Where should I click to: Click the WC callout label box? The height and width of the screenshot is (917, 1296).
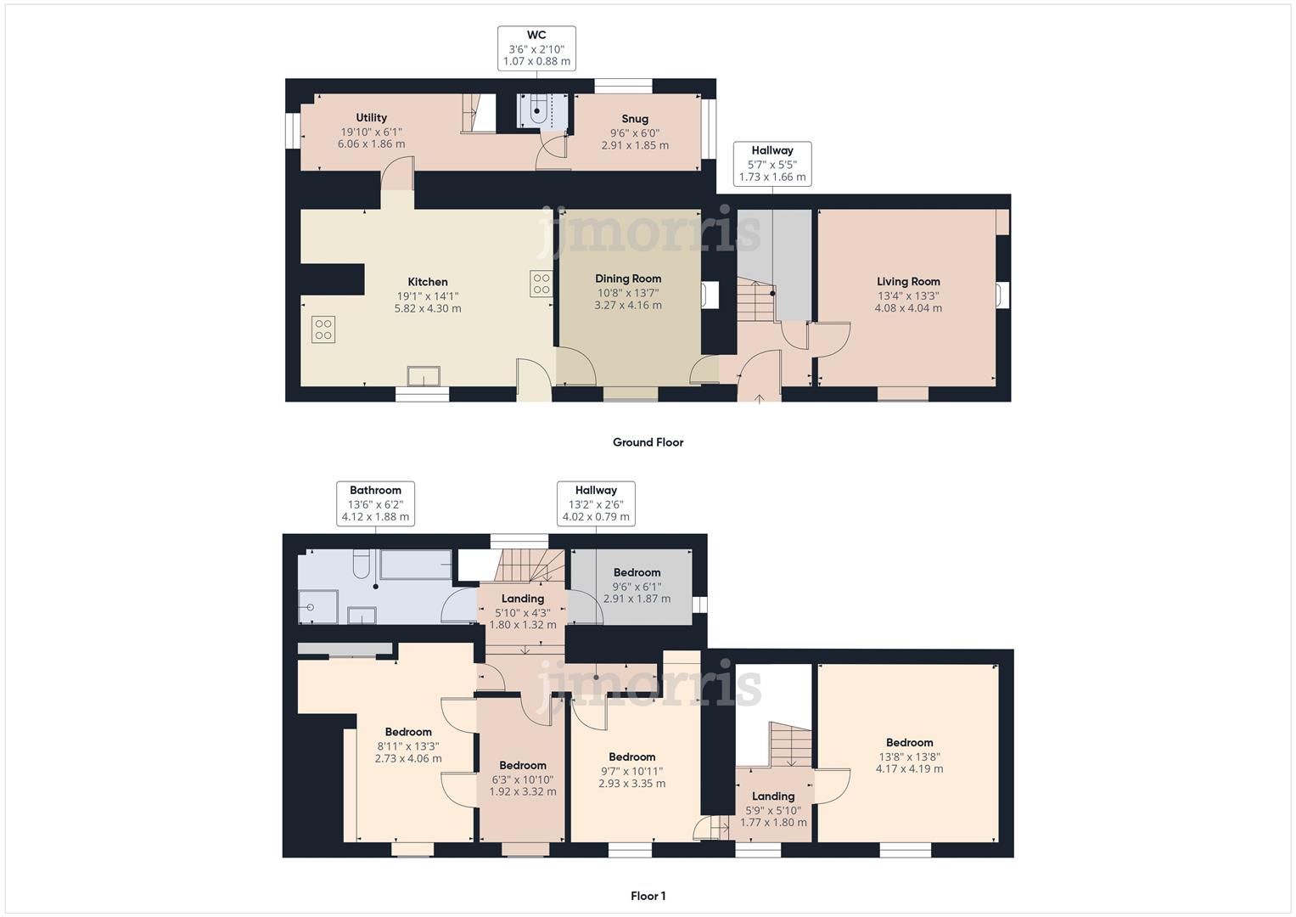(536, 48)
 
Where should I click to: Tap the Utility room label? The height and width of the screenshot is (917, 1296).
(371, 117)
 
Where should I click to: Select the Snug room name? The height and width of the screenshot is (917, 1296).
(635, 119)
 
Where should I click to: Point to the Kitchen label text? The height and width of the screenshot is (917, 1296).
(428, 282)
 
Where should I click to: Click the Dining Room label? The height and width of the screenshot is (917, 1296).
(628, 278)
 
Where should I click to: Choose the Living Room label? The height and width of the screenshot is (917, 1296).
(908, 281)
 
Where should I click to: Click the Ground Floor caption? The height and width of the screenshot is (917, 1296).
(648, 442)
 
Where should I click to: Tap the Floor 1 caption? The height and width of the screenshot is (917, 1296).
(648, 896)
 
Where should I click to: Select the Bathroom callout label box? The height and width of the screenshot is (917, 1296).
(375, 504)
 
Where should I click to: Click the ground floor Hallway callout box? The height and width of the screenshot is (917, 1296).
(772, 164)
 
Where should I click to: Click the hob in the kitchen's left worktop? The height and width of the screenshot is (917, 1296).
(323, 329)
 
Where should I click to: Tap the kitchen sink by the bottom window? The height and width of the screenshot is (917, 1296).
(424, 375)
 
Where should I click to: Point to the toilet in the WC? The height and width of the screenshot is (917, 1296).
(538, 110)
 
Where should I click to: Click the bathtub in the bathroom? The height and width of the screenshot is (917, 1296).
(416, 565)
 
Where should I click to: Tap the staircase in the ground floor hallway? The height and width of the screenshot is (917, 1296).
(755, 300)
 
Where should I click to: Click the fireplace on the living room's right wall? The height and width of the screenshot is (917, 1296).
(1002, 295)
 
